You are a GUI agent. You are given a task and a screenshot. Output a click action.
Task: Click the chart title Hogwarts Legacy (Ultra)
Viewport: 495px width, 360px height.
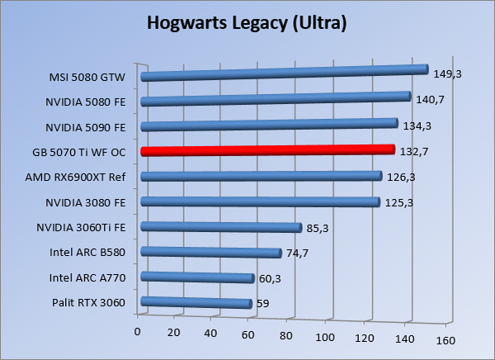pos(247,23)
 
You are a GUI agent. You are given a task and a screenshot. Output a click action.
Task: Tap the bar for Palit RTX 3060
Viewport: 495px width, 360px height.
pos(196,303)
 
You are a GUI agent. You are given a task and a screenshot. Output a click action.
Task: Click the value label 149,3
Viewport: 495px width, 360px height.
pos(447,73)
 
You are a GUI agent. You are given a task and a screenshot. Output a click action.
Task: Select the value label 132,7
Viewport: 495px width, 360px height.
pos(413,152)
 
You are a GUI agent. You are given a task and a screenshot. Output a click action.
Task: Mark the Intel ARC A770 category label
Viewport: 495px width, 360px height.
pos(87,277)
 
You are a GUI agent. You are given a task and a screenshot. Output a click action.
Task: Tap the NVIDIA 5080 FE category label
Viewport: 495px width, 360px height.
pos(87,102)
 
